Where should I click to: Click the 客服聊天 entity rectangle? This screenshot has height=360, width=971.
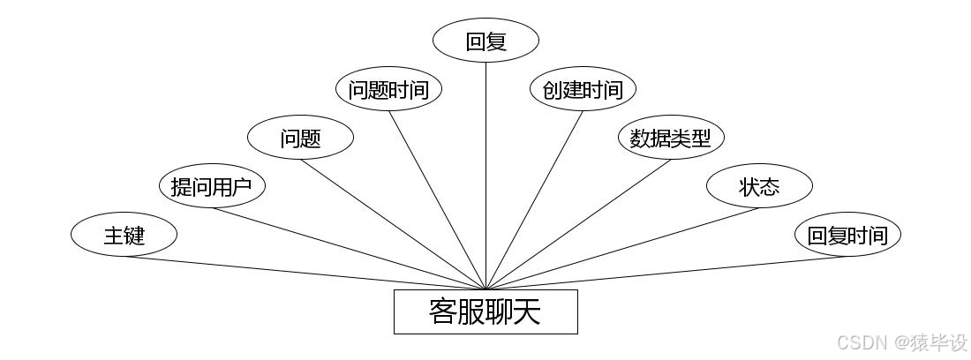[485, 311]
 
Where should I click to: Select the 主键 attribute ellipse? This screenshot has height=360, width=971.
[124, 236]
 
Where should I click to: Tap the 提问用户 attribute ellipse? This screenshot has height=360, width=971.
[212, 186]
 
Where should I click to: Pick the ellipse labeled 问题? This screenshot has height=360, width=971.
[300, 138]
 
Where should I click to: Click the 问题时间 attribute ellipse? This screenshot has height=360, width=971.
[388, 89]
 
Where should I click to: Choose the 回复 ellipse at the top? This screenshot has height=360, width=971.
[486, 41]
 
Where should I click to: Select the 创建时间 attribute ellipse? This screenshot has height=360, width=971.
[583, 89]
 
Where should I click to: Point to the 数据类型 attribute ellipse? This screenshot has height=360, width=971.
[671, 138]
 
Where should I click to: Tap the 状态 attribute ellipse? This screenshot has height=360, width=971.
[759, 186]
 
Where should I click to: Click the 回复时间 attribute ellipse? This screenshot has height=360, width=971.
[847, 236]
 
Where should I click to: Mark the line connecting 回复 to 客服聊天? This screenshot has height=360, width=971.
[486, 176]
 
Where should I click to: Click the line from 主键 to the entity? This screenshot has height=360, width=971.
[305, 273]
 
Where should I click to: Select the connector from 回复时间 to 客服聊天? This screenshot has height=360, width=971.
[666, 273]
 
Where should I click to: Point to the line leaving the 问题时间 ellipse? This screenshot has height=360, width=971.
[437, 199]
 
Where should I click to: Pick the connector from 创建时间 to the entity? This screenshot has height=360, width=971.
[534, 199]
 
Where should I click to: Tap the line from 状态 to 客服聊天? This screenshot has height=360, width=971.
[622, 248]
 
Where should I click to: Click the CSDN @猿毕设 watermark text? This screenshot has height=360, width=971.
[901, 341]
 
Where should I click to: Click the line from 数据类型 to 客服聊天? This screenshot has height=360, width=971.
[578, 224]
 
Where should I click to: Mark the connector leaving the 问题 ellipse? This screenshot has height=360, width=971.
[393, 224]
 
